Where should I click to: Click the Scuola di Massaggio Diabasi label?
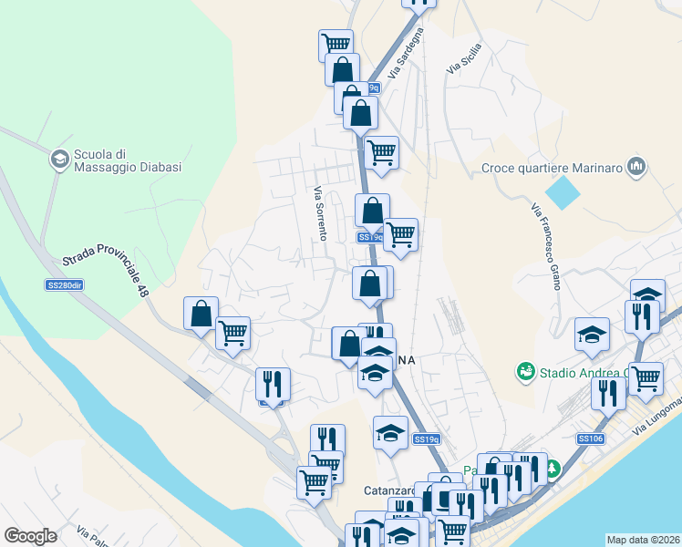pos(129,161)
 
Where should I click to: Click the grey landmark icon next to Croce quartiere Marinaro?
pos(636,167)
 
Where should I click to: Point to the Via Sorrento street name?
pos(320,213)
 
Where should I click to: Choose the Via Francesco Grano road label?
pos(544,245)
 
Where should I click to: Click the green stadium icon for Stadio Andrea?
pos(525,371)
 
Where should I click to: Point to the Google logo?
pos(31,535)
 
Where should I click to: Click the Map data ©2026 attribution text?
pos(644,539)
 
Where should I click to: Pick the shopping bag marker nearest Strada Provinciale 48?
pos(201,313)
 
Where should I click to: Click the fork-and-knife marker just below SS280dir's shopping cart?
pos(272,384)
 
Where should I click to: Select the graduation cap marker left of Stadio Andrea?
pos(592,334)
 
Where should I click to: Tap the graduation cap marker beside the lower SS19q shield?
pos(390,431)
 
